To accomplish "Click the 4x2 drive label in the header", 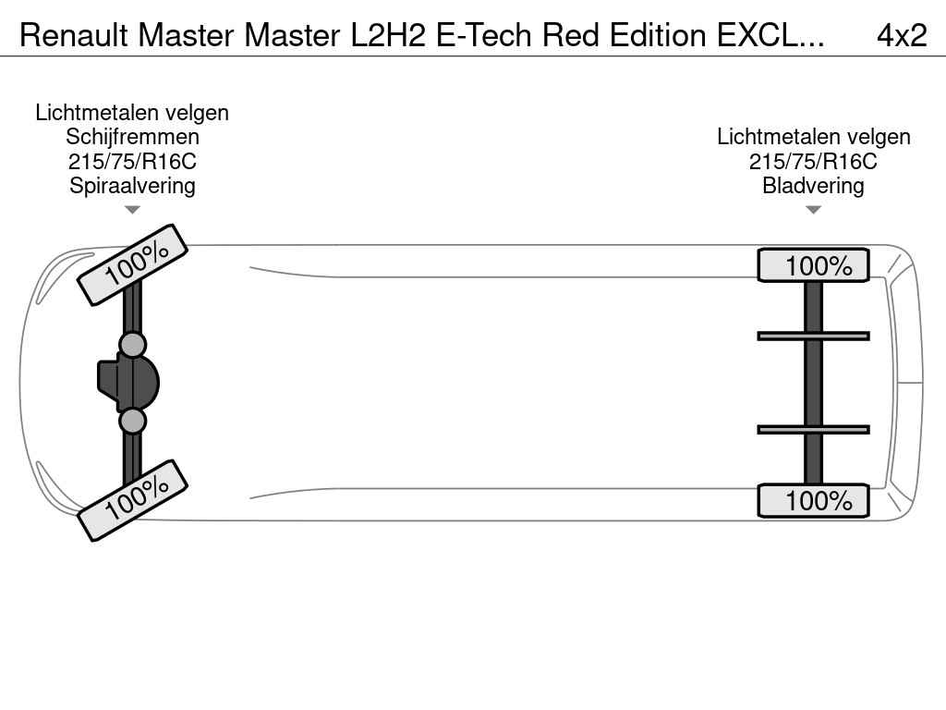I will pyautogui.click(x=901, y=35).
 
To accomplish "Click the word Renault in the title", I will pyautogui.click(x=73, y=35).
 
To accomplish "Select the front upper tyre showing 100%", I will pyautogui.click(x=132, y=264).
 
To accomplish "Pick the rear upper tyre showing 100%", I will pyautogui.click(x=813, y=265).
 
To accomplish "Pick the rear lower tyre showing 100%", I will pyautogui.click(x=813, y=500).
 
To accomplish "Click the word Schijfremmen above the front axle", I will pyautogui.click(x=132, y=137).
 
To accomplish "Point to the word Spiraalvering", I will pyautogui.click(x=132, y=185).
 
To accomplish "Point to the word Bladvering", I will pyautogui.click(x=813, y=185).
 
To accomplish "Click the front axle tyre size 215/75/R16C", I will pyautogui.click(x=132, y=161).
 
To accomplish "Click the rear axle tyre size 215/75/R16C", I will pyautogui.click(x=813, y=161).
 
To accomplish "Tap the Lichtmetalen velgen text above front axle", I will pyautogui.click(x=132, y=113).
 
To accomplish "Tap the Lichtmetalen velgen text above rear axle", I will pyautogui.click(x=813, y=137).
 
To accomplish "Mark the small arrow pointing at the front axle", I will pyautogui.click(x=132, y=210).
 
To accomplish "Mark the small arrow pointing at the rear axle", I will pyautogui.click(x=813, y=210).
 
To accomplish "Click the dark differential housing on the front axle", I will pyautogui.click(x=129, y=382).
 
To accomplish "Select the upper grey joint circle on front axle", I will pyautogui.click(x=133, y=345).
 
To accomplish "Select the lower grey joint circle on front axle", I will pyautogui.click(x=133, y=421).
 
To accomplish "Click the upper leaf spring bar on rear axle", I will pyautogui.click(x=813, y=336).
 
